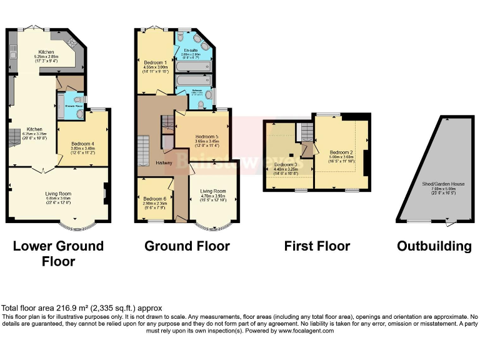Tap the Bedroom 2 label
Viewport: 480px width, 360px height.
click(x=341, y=152)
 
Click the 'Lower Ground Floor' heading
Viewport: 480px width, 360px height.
click(x=58, y=253)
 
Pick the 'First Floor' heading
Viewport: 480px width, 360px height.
click(x=317, y=246)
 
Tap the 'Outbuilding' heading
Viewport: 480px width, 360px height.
click(x=434, y=246)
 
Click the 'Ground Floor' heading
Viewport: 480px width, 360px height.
click(x=187, y=246)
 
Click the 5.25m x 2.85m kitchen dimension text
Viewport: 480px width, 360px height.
click(x=46, y=57)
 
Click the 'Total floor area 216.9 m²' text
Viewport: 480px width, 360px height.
click(x=82, y=308)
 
